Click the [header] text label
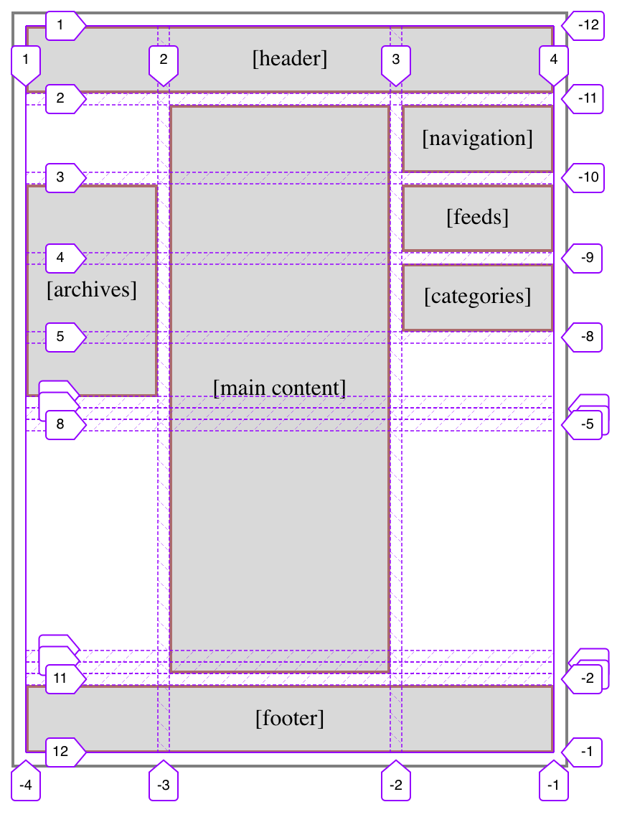coord(290,59)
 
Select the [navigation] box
coord(477,138)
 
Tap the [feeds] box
coord(477,217)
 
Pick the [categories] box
coord(477,297)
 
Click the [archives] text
coord(91,289)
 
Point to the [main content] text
coord(280,388)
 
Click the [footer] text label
coord(290,718)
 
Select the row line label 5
coord(62,336)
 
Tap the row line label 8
coord(62,424)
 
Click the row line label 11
coord(62,678)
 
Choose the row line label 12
coord(62,752)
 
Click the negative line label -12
coord(585,25)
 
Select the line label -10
coord(585,177)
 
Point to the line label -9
coord(585,257)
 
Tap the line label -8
coord(585,336)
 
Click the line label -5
coord(585,424)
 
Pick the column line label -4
coord(26,785)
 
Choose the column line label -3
coord(164,785)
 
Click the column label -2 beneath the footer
coord(395,785)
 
